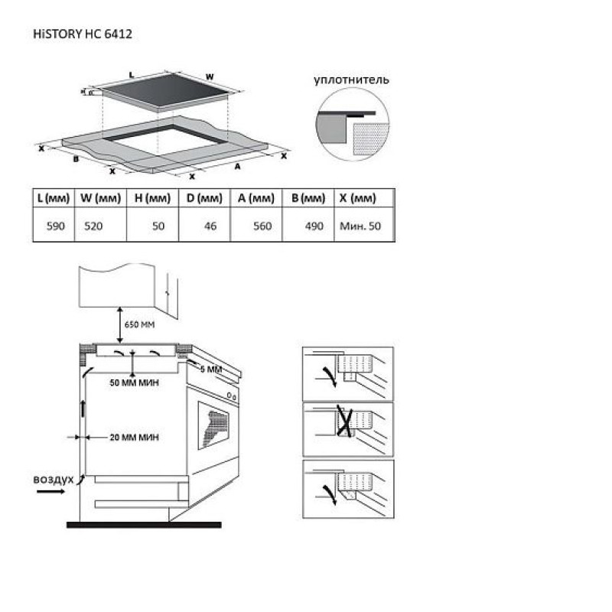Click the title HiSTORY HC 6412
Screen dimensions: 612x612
point(83,34)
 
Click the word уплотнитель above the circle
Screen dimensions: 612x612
point(351,80)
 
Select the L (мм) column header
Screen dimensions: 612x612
point(54,198)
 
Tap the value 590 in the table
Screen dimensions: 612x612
point(55,226)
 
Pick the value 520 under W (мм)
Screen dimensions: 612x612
point(93,226)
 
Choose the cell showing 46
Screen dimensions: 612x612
point(210,226)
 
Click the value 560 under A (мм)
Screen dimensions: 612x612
point(262,226)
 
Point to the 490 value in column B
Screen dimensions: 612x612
point(314,226)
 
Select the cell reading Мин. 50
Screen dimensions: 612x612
point(360,226)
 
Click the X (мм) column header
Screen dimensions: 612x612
point(357,198)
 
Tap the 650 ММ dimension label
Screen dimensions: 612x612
point(139,324)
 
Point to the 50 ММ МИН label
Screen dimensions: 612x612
point(135,383)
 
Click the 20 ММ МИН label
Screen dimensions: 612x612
point(135,438)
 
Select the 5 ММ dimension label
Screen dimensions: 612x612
point(211,369)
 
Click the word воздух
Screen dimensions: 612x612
point(54,480)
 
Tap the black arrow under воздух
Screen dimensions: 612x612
point(50,491)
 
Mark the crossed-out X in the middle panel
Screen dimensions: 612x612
point(345,422)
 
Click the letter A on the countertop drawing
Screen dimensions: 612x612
point(237,167)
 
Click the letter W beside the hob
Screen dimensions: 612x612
point(210,77)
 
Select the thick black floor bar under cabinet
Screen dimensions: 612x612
point(144,525)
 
